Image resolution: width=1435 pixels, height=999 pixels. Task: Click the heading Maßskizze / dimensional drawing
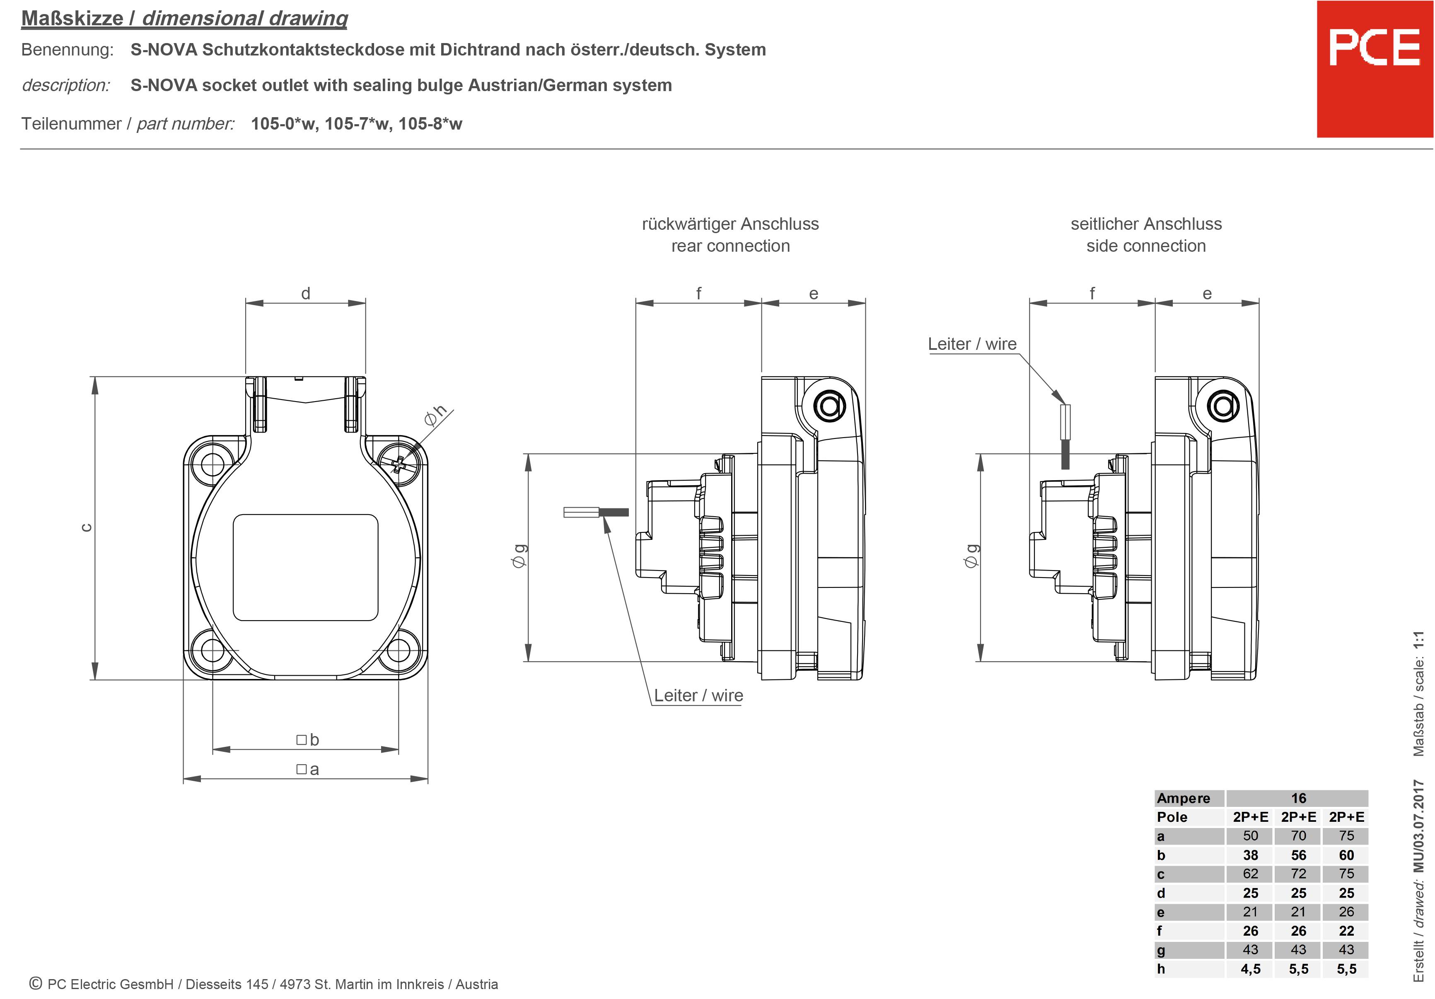tap(184, 18)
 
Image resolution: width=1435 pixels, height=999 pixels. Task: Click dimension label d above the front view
tap(306, 294)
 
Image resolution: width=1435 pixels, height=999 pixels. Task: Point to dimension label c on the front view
tap(87, 527)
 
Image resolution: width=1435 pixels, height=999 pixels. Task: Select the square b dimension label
tap(307, 740)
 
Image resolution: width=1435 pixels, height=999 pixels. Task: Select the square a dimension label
tap(307, 769)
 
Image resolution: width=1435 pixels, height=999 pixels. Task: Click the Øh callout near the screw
tap(435, 415)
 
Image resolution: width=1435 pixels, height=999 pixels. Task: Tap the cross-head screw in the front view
tap(398, 464)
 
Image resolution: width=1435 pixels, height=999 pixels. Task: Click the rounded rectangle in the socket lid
tap(306, 567)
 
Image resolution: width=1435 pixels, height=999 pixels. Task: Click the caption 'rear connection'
tap(730, 246)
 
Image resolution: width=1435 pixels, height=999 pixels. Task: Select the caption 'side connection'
tap(1145, 246)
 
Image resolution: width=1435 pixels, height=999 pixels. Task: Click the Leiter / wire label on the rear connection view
tap(698, 696)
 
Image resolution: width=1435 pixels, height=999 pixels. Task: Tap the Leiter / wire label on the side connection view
tap(972, 344)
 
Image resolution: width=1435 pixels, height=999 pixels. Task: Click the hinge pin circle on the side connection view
tap(1223, 407)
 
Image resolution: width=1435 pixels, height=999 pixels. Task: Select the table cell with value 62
tap(1250, 874)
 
